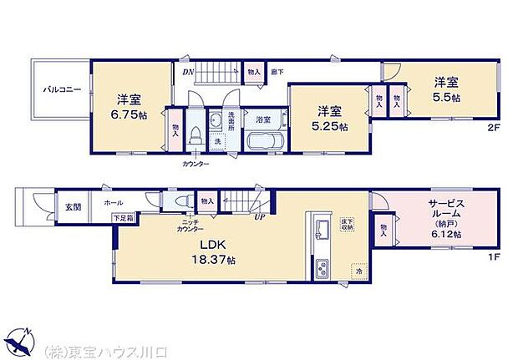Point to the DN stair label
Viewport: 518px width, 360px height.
[x=189, y=72]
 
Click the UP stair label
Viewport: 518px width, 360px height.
[x=260, y=219]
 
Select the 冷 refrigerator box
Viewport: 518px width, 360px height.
[x=357, y=271]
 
